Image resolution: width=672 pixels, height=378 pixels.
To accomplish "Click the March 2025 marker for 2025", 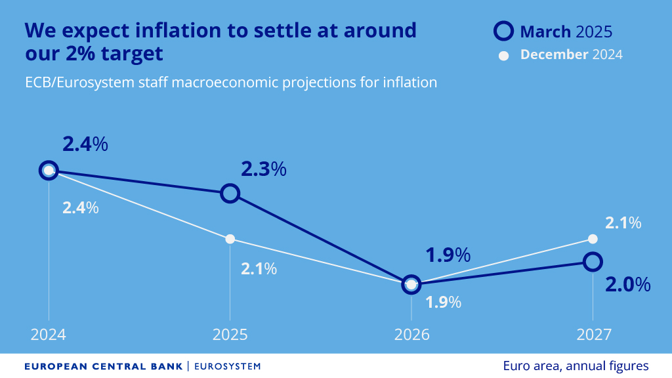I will [x=230, y=193].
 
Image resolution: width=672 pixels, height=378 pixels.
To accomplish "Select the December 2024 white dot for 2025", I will [x=230, y=239].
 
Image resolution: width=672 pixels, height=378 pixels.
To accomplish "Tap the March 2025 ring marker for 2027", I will [x=593, y=262].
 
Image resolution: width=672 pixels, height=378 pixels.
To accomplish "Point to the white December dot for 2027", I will [x=593, y=238].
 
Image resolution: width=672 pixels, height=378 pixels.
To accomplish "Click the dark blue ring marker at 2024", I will [x=49, y=171].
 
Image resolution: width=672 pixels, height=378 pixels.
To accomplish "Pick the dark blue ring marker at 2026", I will [x=411, y=284].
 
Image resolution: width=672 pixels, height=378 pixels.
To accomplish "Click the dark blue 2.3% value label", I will [x=264, y=169].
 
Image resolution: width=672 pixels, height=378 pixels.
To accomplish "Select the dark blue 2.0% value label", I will [x=628, y=284].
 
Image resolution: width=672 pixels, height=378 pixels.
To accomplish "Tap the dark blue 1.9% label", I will [x=448, y=255].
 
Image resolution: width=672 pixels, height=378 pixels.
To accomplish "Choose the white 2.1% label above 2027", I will [x=623, y=223].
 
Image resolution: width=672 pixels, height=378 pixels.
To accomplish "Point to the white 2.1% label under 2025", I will [x=259, y=268].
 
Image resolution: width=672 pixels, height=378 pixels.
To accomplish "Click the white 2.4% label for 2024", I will [x=80, y=208].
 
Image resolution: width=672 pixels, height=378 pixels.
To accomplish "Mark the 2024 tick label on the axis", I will [x=49, y=335].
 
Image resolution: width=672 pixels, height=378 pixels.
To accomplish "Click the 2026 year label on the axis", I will [x=411, y=335].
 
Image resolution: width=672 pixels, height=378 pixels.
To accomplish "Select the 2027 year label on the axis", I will [x=593, y=335].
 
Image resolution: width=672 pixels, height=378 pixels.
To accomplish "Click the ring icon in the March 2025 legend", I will [x=503, y=31].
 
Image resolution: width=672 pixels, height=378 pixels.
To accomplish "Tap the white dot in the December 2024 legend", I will [x=504, y=55].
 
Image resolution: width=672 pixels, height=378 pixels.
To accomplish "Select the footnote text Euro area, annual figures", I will [x=576, y=366].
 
